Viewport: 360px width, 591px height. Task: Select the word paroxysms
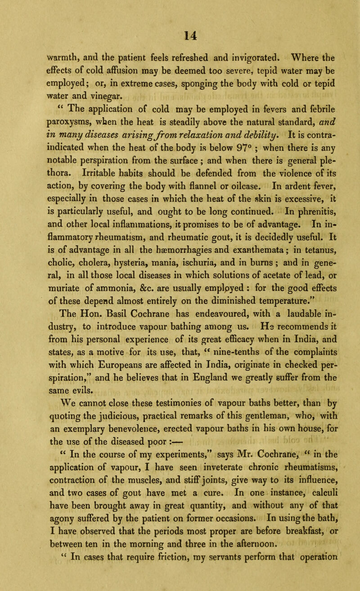(x=41, y=135)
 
